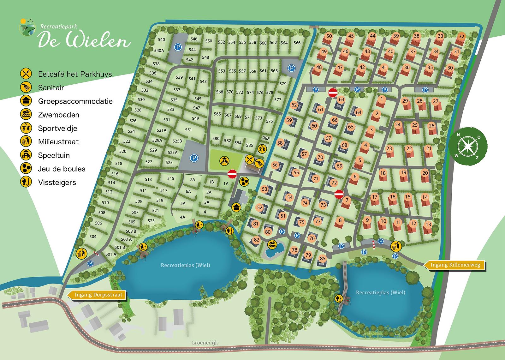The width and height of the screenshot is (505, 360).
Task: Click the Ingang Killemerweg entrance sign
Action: pyautogui.click(x=454, y=265)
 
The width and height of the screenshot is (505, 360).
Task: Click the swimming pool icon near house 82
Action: pyautogui.click(x=272, y=244)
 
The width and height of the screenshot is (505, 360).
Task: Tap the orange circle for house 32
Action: pyautogui.click(x=461, y=36)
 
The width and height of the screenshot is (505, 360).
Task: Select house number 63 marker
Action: pyautogui.click(x=341, y=99)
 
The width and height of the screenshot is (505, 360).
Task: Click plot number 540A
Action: pyautogui.click(x=159, y=50)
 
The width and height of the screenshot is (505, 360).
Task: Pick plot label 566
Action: pyautogui.click(x=297, y=43)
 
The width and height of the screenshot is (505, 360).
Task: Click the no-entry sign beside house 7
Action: pyautogui.click(x=339, y=194)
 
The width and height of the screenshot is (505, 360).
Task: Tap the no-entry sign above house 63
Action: pyautogui.click(x=333, y=93)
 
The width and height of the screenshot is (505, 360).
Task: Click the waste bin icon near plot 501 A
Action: pyautogui.click(x=81, y=253)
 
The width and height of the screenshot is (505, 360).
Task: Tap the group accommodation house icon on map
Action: pyautogui.click(x=236, y=207)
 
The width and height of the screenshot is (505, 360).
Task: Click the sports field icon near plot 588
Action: pyautogui.click(x=262, y=148)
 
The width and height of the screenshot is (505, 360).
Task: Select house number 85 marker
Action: pyautogui.click(x=322, y=258)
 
